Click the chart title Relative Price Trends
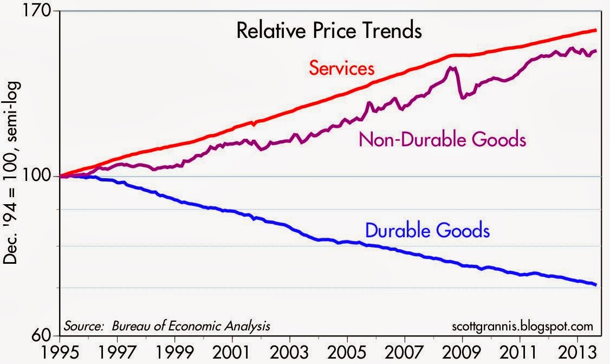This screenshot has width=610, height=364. (328, 31)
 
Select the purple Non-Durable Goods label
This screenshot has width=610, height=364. (442, 140)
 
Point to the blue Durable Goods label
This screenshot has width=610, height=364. (427, 231)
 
